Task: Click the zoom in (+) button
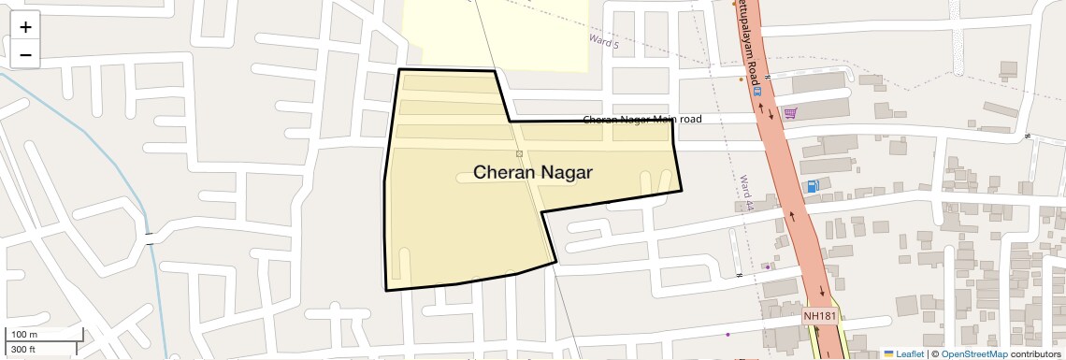pyautogui.click(x=25, y=27)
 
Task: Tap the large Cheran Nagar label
pyautogui.click(x=534, y=172)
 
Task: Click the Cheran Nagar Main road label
pyautogui.click(x=641, y=120)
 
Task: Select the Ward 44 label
pyautogui.click(x=745, y=192)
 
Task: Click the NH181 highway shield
pyautogui.click(x=819, y=316)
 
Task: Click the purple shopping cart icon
pyautogui.click(x=790, y=113)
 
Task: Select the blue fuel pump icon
pyautogui.click(x=813, y=185)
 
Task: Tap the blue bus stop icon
pyautogui.click(x=757, y=92)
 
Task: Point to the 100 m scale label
pyautogui.click(x=24, y=335)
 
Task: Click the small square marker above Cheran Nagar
pyautogui.click(x=519, y=152)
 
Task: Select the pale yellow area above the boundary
pyautogui.click(x=496, y=33)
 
